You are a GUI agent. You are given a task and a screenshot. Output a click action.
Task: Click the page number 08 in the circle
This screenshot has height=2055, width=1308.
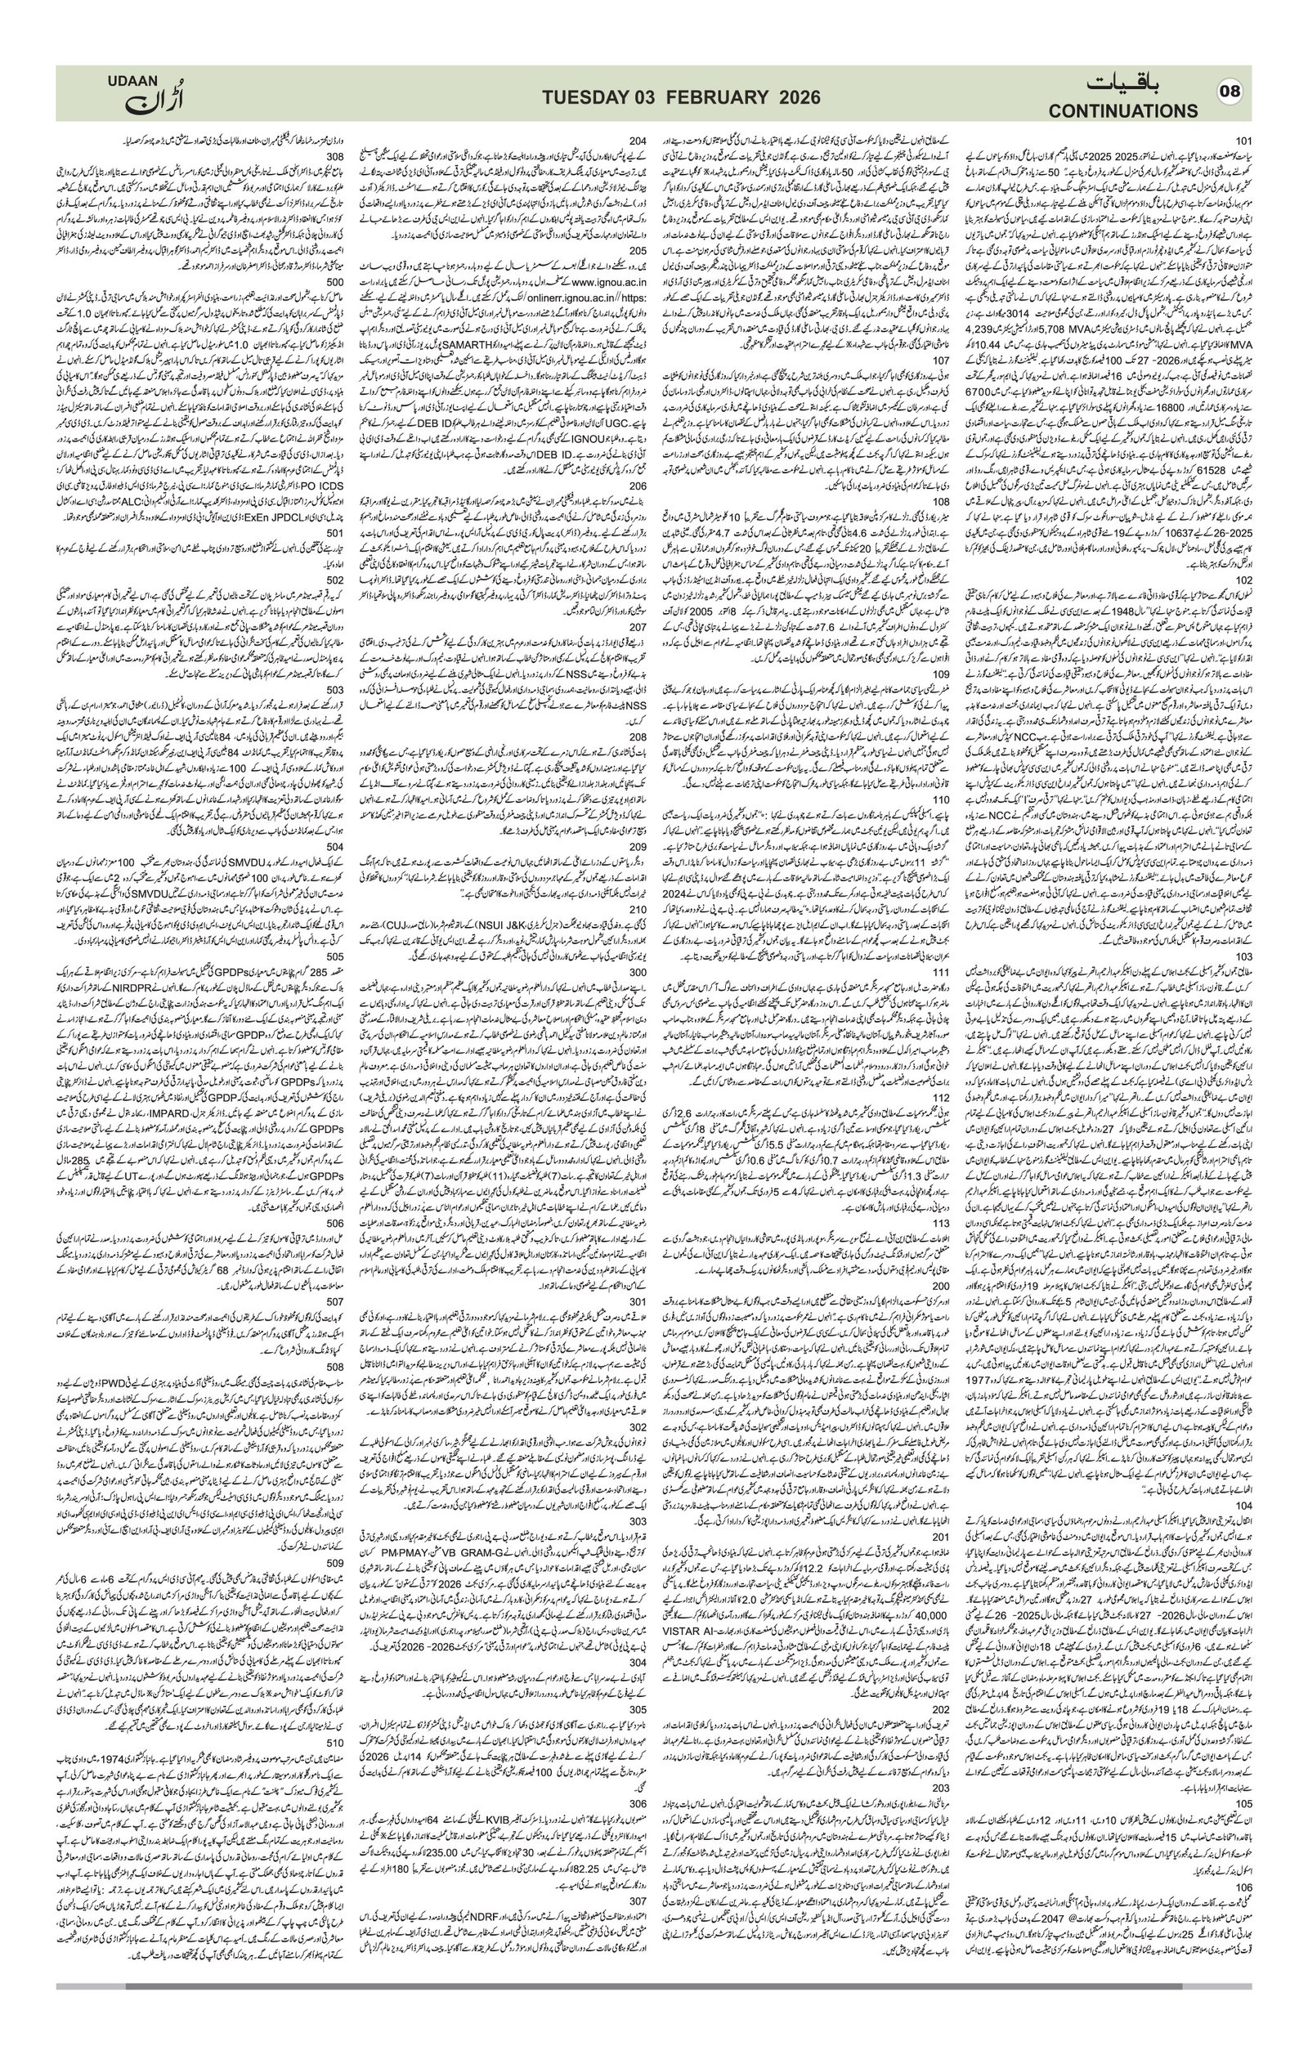(1230, 93)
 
